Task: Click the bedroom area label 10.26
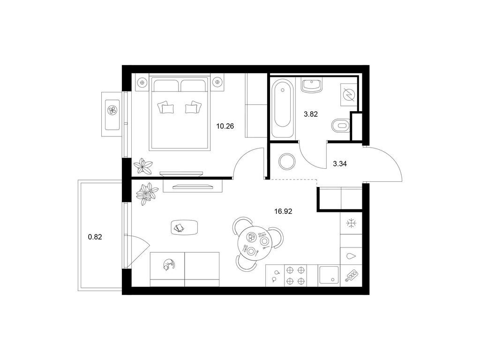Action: [x=225, y=126]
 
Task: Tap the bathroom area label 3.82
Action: [x=311, y=114]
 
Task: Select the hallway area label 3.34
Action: [x=340, y=164]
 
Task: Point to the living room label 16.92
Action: [x=283, y=211]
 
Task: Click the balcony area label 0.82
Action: [x=95, y=237]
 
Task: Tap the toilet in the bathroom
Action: [x=340, y=125]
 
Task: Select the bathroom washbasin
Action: [x=312, y=86]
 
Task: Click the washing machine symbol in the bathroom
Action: [x=349, y=95]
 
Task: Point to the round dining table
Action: [x=254, y=243]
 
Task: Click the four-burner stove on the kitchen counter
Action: [x=296, y=276]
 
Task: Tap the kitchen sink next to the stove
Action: [x=329, y=275]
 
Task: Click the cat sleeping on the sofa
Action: [x=169, y=264]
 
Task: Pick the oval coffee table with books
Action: [x=185, y=227]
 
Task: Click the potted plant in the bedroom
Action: [x=143, y=166]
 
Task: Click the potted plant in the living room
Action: [x=147, y=194]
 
